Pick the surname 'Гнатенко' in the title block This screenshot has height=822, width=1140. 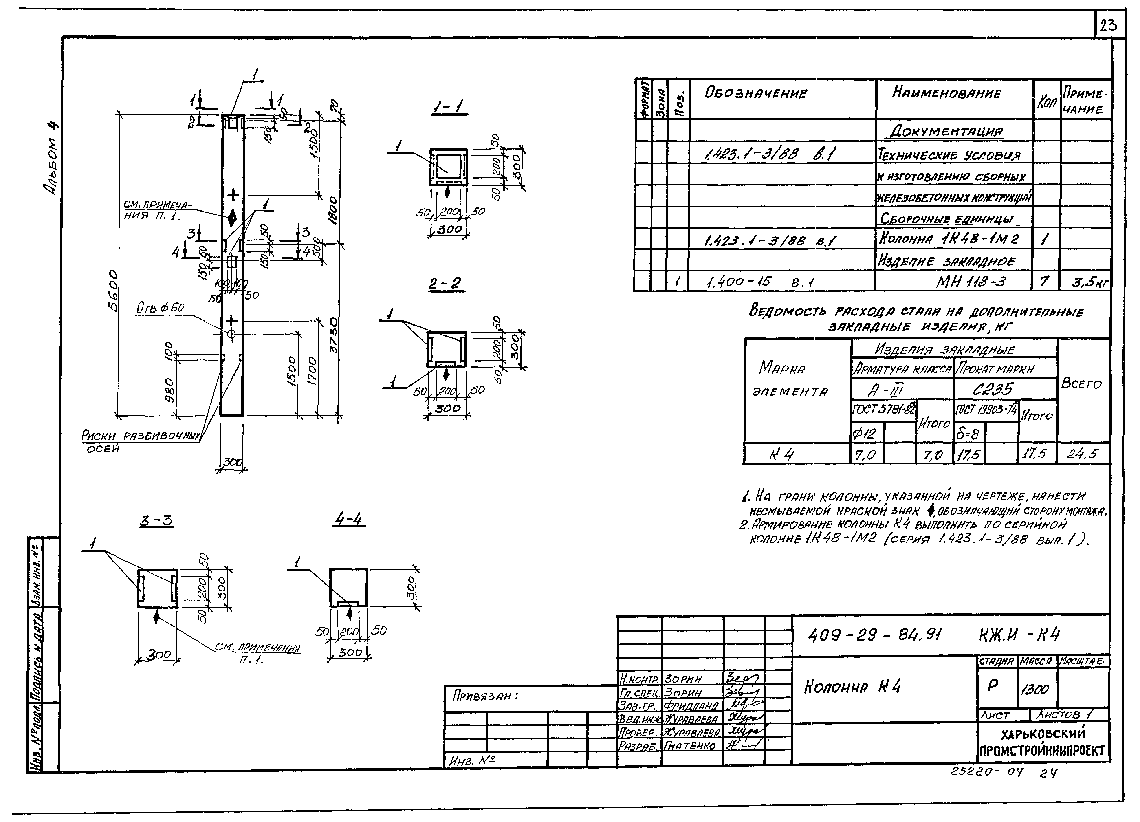click(x=690, y=746)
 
